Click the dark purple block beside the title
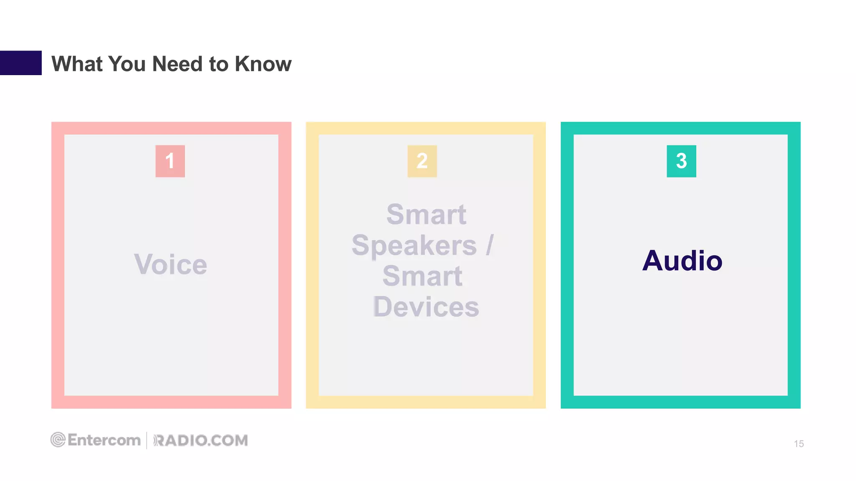coord(20,63)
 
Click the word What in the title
coord(77,64)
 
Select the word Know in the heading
coord(263,64)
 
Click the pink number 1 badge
coord(170,161)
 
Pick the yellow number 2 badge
coord(422,161)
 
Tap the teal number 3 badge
coord(681,161)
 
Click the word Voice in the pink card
coord(171,264)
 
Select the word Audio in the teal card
coord(682,261)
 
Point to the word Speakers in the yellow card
coord(414,246)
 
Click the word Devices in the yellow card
coord(426,307)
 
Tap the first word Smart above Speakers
coord(426,215)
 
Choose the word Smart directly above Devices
coord(422,276)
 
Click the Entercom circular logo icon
coord(58,440)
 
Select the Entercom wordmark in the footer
coord(104,440)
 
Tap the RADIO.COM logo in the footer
coord(201,440)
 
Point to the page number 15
coord(799,444)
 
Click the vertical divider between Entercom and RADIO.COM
coord(147,440)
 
